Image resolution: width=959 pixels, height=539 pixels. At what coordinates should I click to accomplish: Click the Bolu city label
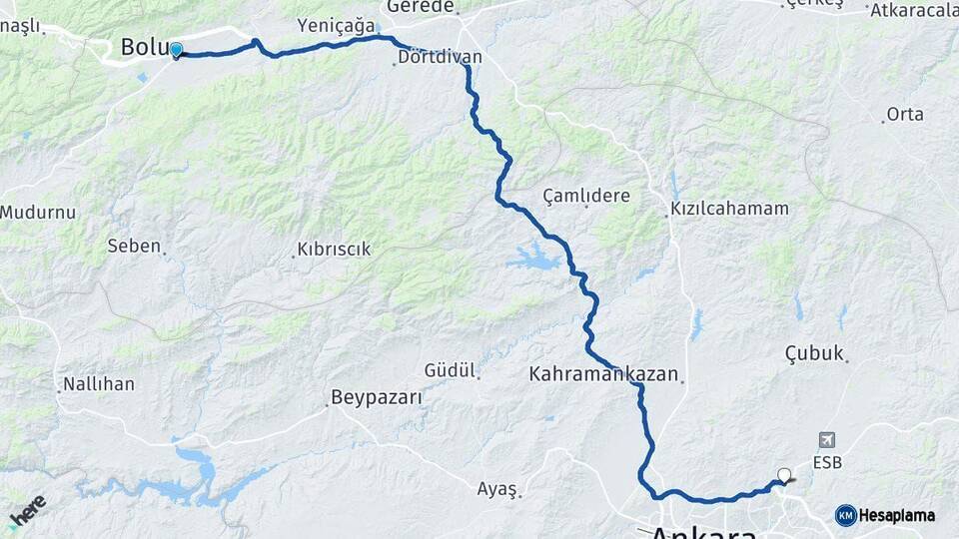[142, 47]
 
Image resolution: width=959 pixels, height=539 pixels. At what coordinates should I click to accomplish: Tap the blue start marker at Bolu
[176, 50]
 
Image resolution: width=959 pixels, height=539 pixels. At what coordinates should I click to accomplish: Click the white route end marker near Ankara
[784, 476]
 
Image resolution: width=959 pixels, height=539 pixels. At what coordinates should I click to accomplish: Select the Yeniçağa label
[336, 25]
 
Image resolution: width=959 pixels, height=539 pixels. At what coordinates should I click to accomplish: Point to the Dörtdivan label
[440, 57]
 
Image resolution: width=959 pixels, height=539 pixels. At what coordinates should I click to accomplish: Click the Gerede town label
[421, 6]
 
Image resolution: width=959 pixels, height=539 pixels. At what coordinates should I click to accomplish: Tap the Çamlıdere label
[586, 196]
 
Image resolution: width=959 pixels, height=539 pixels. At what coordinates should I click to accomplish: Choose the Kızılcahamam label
[729, 210]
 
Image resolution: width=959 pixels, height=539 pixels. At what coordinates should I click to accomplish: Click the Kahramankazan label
[603, 374]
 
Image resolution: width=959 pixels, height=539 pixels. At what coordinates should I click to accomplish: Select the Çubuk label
[814, 353]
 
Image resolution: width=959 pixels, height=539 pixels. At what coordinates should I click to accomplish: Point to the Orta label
[905, 114]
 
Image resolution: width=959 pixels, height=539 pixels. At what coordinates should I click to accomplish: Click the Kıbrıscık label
[334, 250]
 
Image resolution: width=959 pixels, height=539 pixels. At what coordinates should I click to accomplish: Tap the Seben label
[134, 246]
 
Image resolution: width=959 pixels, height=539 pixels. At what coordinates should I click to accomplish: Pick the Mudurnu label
[38, 212]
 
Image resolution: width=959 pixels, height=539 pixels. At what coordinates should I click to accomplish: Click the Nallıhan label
[100, 384]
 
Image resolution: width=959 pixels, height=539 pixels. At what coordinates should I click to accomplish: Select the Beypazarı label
[378, 397]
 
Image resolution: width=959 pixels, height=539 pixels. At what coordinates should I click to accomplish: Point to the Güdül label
[449, 370]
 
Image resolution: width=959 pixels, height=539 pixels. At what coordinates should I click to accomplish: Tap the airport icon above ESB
[826, 440]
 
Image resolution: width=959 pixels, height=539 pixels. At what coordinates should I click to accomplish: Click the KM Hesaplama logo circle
[846, 515]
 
